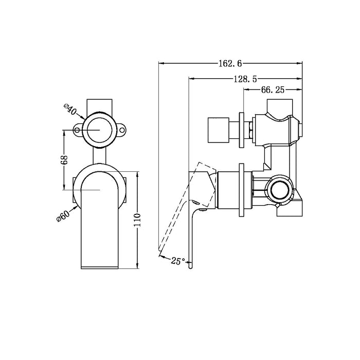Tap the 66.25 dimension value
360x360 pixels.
click(x=273, y=89)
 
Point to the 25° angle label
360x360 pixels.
click(x=177, y=261)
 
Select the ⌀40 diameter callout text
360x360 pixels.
click(x=70, y=110)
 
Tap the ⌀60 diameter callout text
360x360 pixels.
click(x=63, y=214)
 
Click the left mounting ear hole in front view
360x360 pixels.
click(x=78, y=131)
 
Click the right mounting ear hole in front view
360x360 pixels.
click(x=122, y=131)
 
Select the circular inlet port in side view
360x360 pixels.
click(x=280, y=189)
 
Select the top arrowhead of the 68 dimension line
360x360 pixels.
click(x=64, y=132)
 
